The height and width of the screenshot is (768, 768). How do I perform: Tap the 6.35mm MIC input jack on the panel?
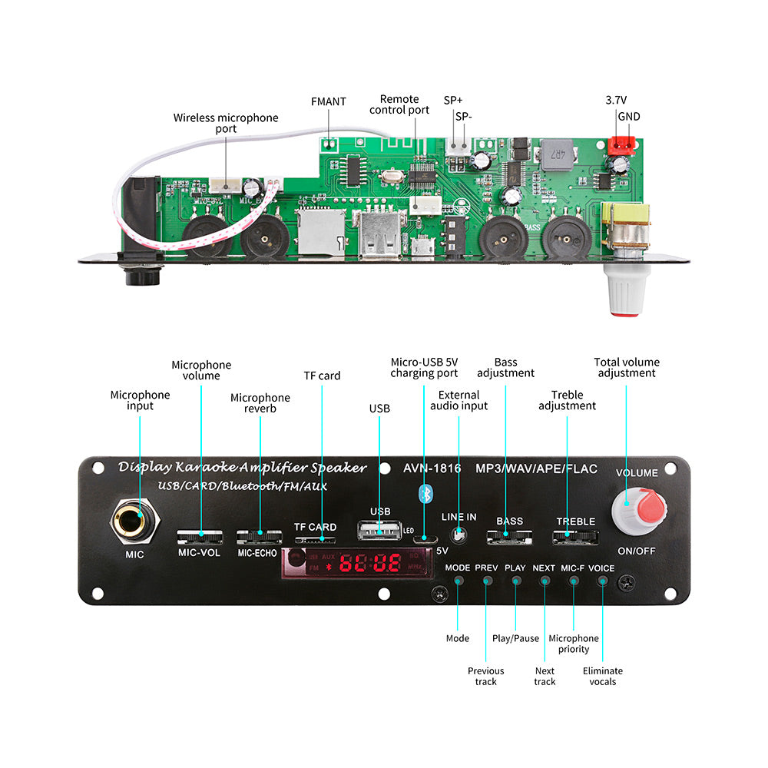pyautogui.click(x=139, y=525)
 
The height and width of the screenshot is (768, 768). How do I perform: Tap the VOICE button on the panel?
pyautogui.click(x=602, y=580)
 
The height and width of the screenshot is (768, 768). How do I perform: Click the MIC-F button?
pyautogui.click(x=573, y=580)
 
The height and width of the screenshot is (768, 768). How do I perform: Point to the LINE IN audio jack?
pyautogui.click(x=459, y=533)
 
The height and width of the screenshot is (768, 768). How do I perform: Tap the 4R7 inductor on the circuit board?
pyautogui.click(x=568, y=157)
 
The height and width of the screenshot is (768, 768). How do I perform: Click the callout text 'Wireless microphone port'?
pyautogui.click(x=226, y=123)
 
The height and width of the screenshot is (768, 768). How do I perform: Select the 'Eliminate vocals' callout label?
pyautogui.click(x=603, y=676)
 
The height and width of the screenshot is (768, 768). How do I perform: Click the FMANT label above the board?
pyautogui.click(x=329, y=101)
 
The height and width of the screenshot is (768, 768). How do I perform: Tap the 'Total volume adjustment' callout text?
pyautogui.click(x=627, y=367)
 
